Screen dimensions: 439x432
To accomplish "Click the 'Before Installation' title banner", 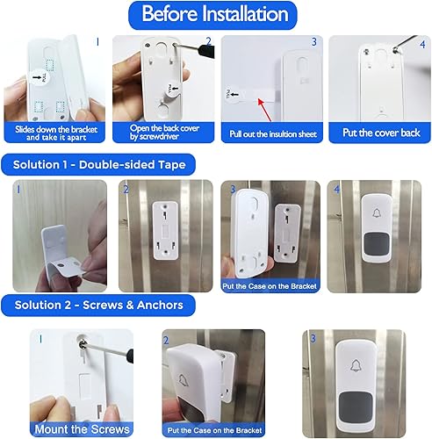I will pos(215,14).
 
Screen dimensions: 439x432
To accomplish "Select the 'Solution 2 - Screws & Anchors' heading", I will pos(94,305).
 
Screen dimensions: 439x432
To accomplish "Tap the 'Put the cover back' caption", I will pos(378,133).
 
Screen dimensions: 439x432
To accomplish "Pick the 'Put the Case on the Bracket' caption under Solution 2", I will pos(215,429).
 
